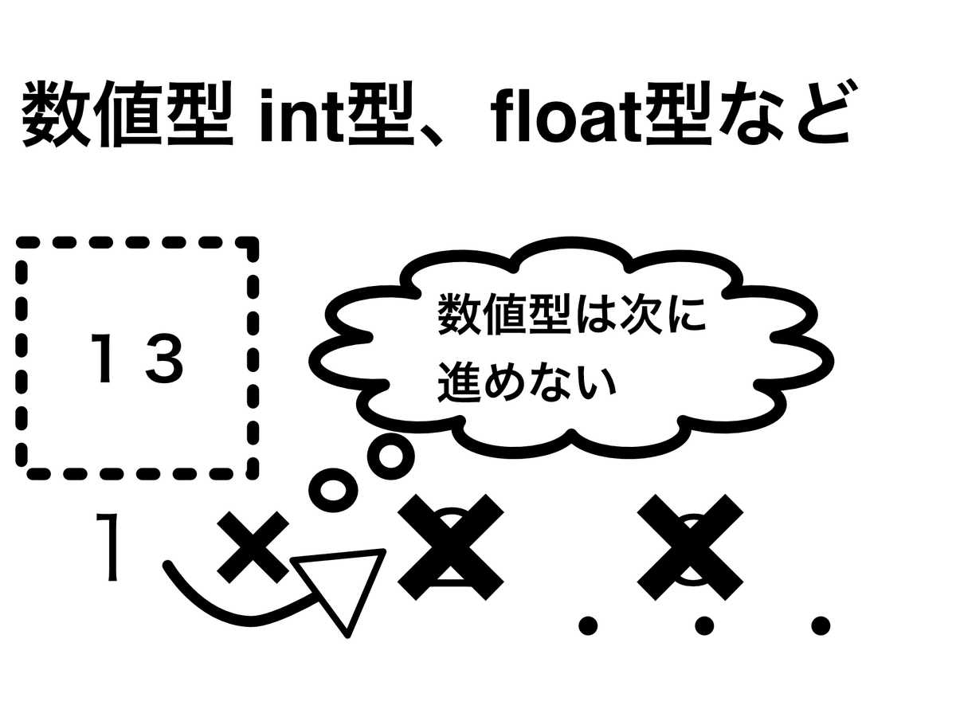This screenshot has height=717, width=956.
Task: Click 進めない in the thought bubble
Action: point(527,380)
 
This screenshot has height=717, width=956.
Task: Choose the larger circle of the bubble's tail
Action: point(391,456)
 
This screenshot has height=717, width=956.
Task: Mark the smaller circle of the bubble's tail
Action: point(327,488)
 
